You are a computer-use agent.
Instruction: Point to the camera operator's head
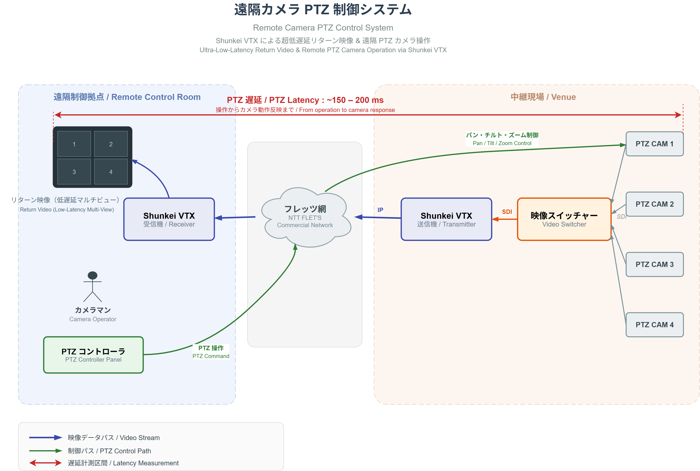[x=92, y=275]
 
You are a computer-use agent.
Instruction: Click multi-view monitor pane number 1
[x=74, y=144]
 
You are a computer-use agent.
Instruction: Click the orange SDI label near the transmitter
[x=507, y=212]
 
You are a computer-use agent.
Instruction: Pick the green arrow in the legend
[x=45, y=450]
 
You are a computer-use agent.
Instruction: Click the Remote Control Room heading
[x=127, y=97]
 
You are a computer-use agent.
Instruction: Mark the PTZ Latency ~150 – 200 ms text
[x=305, y=100]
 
